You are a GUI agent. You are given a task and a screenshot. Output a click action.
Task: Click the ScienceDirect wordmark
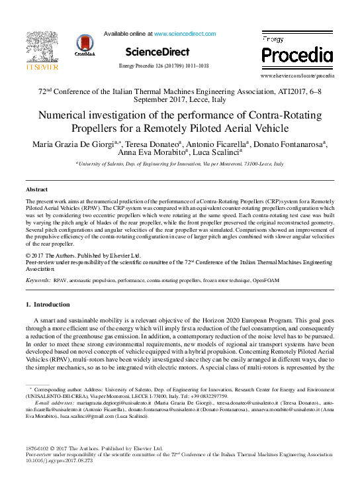tap(157, 52)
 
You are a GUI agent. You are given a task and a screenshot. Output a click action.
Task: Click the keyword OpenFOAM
tap(265, 281)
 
